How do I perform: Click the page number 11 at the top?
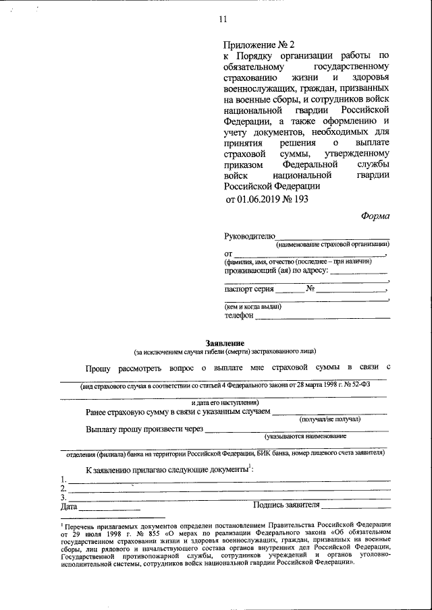point(223,19)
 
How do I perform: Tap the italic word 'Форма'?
point(375,216)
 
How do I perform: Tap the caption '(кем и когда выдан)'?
point(253,306)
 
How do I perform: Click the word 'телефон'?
point(239,315)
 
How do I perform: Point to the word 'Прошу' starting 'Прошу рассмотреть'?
point(99,369)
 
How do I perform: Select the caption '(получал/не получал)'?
point(329,419)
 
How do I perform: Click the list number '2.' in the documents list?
point(63,488)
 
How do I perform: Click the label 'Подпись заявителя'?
point(286,505)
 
